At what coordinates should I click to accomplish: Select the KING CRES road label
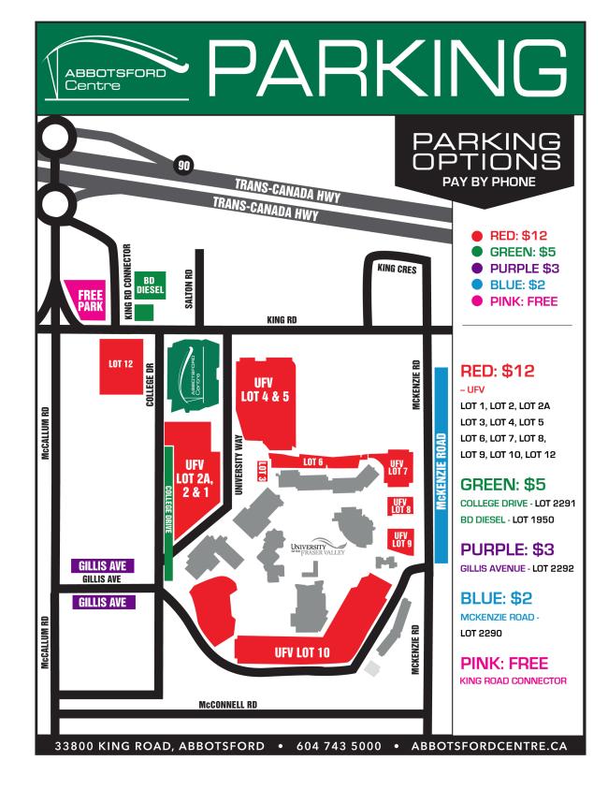click(x=397, y=269)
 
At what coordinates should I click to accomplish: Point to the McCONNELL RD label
click(x=229, y=706)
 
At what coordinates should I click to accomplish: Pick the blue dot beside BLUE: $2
click(x=478, y=285)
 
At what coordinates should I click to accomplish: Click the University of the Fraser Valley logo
click(x=319, y=549)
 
